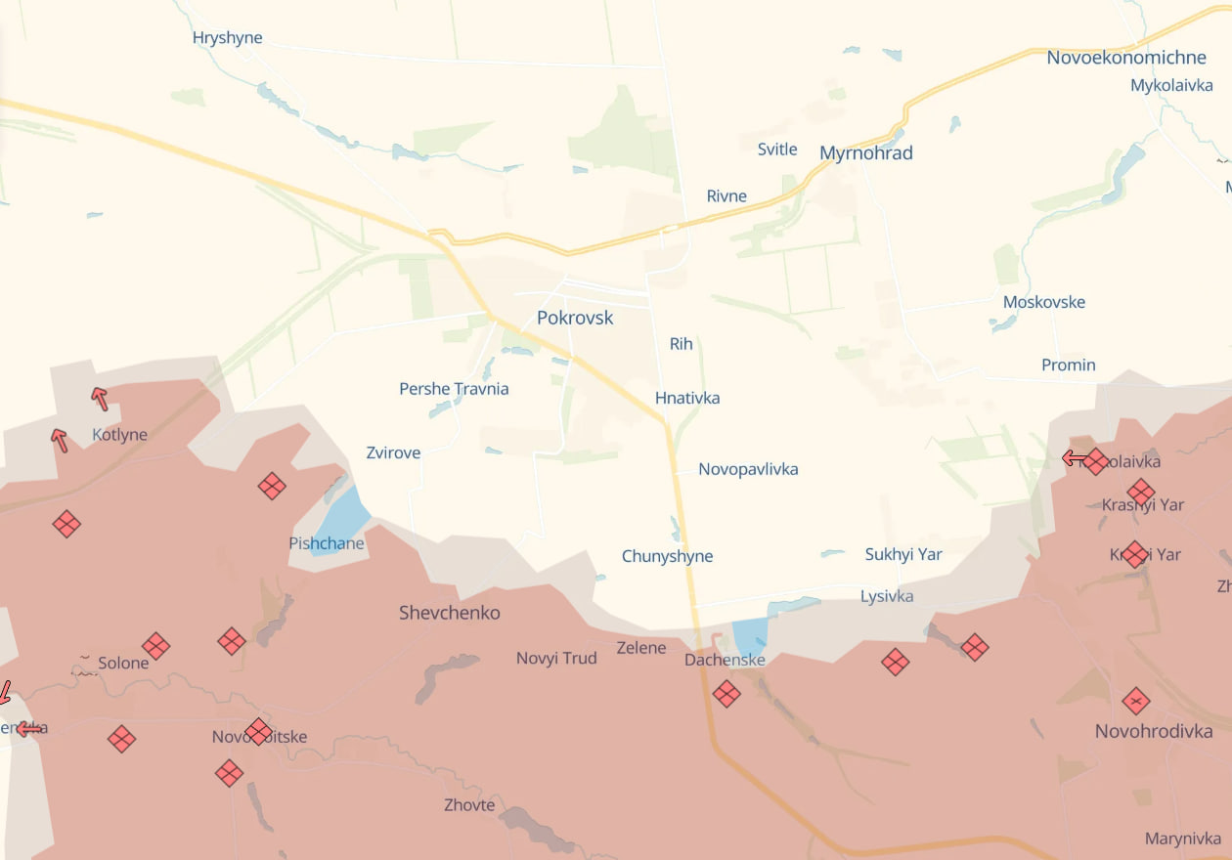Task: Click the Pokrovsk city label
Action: [x=575, y=318]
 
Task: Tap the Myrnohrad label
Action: [x=865, y=153]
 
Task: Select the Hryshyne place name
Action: [x=227, y=39]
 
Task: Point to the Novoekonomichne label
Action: [x=1125, y=58]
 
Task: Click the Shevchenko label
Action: [x=449, y=613]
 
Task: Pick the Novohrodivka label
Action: [x=1153, y=731]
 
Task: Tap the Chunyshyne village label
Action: [x=667, y=557]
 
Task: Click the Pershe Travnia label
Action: [x=454, y=389]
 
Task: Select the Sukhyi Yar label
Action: [x=902, y=555]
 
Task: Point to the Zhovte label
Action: [x=469, y=805]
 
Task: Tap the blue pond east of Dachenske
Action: [x=751, y=636]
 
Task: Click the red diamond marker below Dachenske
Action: [x=726, y=694]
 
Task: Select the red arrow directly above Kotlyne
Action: [x=99, y=398]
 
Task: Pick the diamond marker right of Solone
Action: [x=155, y=646]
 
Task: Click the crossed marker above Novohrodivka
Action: [x=1135, y=701]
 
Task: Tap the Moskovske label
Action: [x=1043, y=302]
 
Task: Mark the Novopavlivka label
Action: [x=748, y=469]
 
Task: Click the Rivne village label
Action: [x=726, y=196]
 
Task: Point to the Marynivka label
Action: [x=1182, y=838]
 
